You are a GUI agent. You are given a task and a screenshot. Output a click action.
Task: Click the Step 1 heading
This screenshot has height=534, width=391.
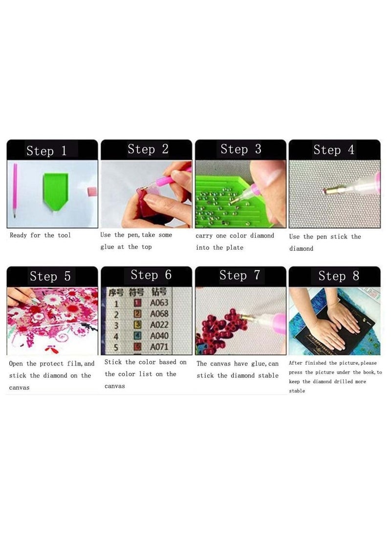pos(47,150)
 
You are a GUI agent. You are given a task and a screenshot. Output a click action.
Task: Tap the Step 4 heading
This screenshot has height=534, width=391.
pos(334,150)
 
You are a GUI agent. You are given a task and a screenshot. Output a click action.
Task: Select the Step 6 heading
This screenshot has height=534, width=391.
pos(151,275)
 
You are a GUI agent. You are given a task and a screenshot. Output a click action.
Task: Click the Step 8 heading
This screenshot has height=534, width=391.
pos(339,276)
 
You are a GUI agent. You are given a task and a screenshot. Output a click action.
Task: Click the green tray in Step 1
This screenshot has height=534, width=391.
pos(55,189)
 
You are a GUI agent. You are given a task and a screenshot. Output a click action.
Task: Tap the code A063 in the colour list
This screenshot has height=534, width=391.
pos(159,303)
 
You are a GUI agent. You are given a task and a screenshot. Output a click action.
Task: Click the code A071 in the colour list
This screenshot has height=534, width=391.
pos(159,347)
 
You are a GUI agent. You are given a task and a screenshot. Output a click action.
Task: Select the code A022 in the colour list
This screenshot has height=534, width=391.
pos(159,325)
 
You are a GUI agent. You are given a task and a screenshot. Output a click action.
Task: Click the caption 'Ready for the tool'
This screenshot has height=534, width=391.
pos(40,235)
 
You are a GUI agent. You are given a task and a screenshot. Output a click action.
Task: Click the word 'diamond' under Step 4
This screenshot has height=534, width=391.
pos(301,249)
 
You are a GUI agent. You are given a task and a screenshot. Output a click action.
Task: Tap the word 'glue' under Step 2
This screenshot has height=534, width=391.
pos(107,247)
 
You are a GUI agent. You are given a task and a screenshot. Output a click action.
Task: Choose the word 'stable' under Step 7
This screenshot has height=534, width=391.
pos(267,376)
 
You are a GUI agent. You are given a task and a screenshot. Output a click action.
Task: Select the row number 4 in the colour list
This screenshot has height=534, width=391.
pos(116,336)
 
